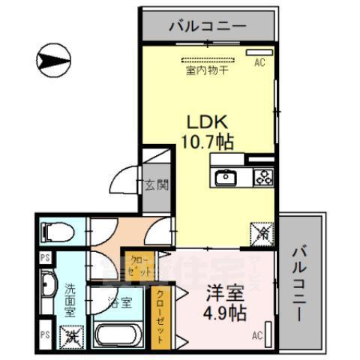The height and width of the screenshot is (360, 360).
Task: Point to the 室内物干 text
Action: coord(207,71)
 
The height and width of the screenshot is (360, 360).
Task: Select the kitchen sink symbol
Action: coord(226,178)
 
